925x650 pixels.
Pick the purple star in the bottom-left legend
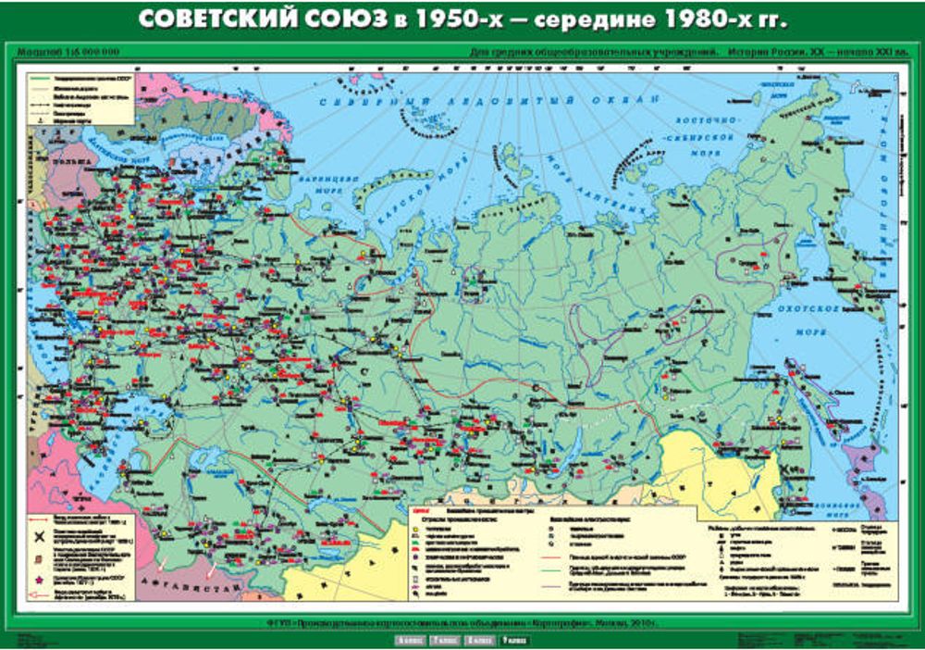pyautogui.click(x=40, y=579)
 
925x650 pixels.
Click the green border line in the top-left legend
pyautogui.click(x=41, y=81)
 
